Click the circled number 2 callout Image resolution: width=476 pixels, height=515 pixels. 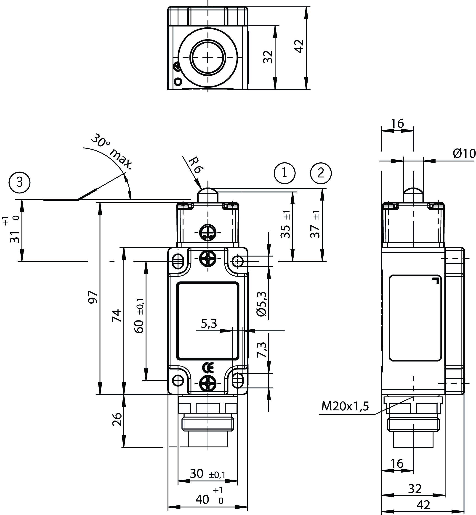point(321,173)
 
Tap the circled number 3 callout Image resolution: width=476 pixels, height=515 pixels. point(20,182)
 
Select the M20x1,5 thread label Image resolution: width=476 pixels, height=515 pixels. point(345,406)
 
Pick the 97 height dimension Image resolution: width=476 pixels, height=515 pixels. point(93,297)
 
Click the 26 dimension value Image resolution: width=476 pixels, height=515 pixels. point(117,419)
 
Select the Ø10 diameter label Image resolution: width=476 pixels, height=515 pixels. point(464,154)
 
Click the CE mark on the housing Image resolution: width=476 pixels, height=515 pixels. point(208,368)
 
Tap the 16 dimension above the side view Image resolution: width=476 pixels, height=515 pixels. point(397,124)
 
